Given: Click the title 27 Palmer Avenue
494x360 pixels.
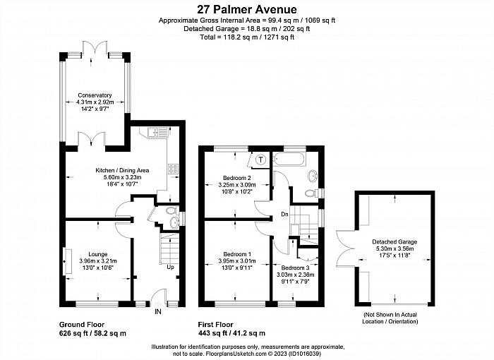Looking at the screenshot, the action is (247, 9).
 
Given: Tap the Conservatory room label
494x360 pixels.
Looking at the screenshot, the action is (95, 95).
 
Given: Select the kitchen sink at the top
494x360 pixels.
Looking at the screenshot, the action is (157, 132).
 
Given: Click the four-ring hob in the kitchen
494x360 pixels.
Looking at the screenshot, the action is (173, 169).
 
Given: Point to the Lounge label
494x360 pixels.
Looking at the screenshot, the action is (97, 254).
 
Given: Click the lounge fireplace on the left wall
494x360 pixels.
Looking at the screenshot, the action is (67, 261).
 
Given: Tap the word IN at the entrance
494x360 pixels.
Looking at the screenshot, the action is (158, 312).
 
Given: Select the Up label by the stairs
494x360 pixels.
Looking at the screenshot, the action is (170, 267).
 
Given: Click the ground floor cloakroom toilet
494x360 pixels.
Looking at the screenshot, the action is (171, 210).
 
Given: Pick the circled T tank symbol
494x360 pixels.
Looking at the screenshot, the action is (260, 160).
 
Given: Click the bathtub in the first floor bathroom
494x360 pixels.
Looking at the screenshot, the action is (289, 160).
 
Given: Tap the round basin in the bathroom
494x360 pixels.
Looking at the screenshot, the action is (313, 176).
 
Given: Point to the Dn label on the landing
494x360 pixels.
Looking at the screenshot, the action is (284, 215).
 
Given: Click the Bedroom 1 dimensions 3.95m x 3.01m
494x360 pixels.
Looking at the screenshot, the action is (237, 261).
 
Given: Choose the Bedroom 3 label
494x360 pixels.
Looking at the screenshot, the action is (295, 268).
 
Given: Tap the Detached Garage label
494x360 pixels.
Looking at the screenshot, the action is (394, 242).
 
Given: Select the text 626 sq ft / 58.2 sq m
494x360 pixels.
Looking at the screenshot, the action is (92, 333).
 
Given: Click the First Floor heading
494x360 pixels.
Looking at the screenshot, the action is (215, 325).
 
